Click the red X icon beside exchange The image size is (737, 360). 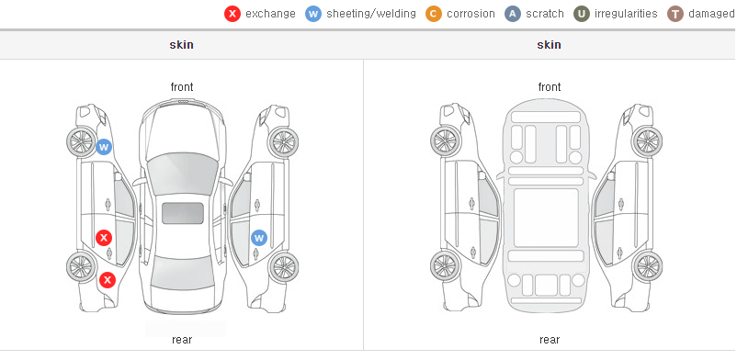232,14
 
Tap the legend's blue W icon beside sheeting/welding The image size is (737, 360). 313,14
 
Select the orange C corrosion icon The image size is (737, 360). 434,14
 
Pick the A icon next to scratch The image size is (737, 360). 513,14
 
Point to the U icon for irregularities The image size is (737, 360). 582,14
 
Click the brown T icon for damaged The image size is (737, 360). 675,14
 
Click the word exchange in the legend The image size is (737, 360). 270,14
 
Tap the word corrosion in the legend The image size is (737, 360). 471,14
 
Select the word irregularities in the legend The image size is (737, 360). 626,14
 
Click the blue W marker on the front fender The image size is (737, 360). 104,147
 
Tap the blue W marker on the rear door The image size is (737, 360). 259,238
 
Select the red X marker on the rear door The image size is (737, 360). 104,238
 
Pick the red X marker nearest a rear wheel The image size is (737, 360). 108,281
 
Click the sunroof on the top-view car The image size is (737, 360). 183,213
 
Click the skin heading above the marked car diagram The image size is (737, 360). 181,45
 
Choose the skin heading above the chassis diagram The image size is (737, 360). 549,45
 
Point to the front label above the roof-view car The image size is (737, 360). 182,87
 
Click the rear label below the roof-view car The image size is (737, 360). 182,340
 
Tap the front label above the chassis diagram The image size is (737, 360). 550,87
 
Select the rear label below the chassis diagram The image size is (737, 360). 550,340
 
